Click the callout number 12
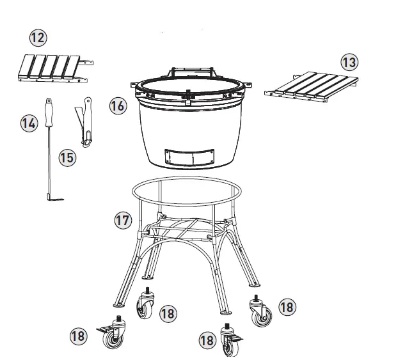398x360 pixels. coord(38,38)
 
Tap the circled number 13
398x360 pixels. coord(349,62)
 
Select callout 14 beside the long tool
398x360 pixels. coord(28,123)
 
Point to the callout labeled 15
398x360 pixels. coord(67,157)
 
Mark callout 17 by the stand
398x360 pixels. coord(122,221)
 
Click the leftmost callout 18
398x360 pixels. coord(79,335)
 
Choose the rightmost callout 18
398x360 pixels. coord(287,308)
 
